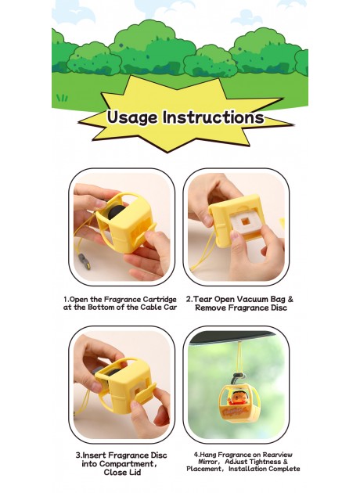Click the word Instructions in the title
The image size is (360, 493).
point(212,118)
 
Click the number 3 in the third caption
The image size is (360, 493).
point(78,454)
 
